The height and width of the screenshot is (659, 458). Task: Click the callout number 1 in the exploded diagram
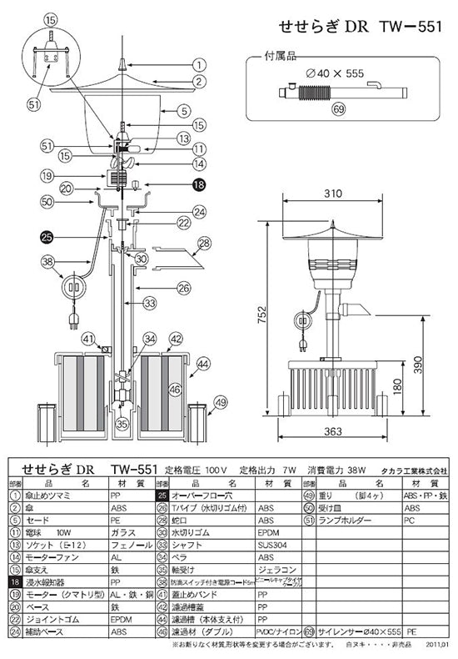200,64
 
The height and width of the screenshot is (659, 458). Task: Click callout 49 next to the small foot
220,403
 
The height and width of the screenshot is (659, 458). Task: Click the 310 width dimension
333,194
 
